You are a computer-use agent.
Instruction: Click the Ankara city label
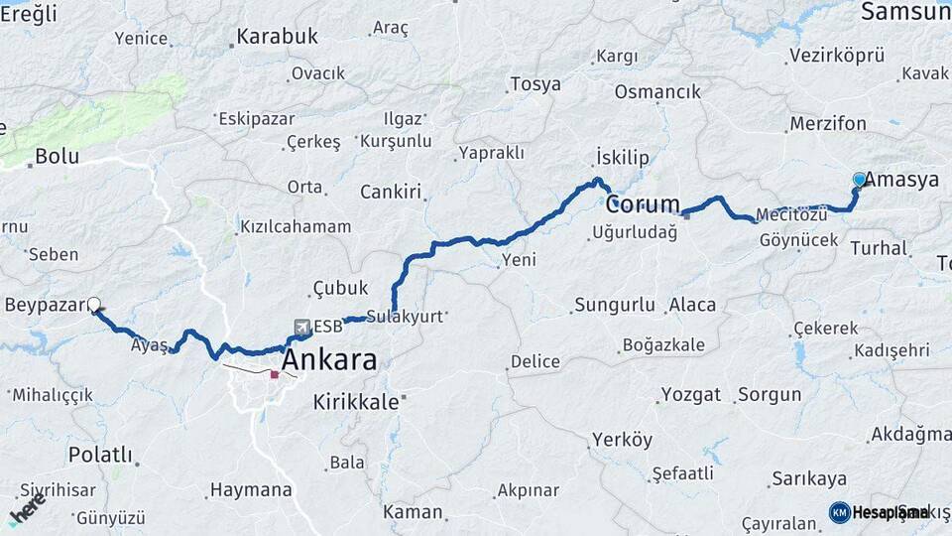click(329, 359)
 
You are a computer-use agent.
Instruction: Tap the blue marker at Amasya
click(859, 180)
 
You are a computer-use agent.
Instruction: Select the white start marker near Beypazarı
click(94, 305)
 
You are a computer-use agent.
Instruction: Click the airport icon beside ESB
click(301, 326)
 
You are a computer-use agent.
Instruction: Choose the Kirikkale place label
click(356, 402)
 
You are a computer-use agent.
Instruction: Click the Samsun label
click(904, 12)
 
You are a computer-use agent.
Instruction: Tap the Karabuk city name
click(278, 37)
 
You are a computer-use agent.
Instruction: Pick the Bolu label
click(57, 156)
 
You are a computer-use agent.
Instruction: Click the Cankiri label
click(391, 192)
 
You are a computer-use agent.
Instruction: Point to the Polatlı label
click(100, 455)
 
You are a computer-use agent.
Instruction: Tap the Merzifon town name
click(828, 124)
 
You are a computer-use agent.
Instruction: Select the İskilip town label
click(622, 158)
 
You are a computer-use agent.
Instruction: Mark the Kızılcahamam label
click(296, 227)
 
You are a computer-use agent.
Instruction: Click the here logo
click(27, 509)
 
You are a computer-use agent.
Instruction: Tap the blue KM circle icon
click(840, 512)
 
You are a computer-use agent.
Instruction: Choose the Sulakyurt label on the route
click(405, 317)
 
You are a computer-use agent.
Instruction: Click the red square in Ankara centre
click(276, 374)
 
